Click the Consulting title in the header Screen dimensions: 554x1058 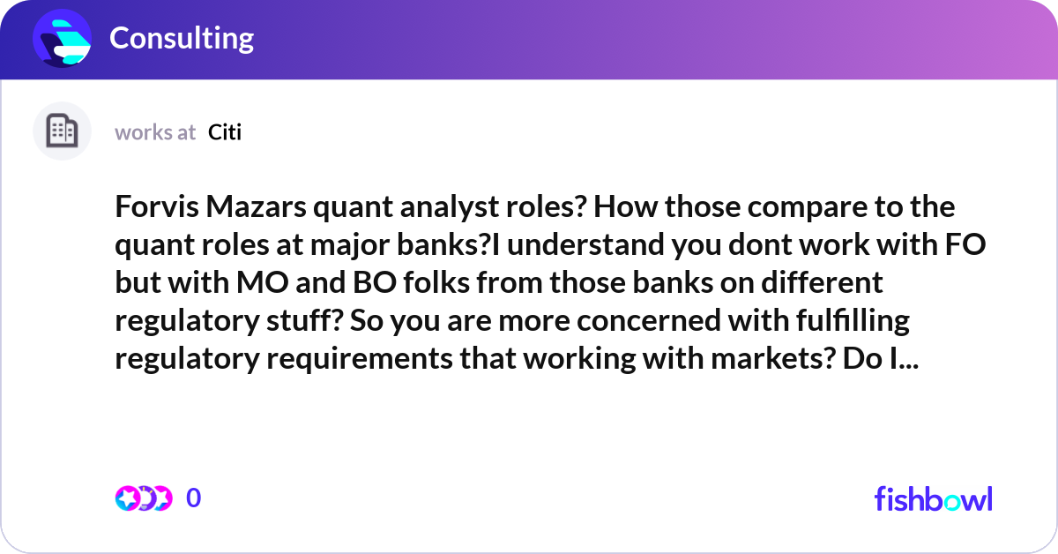pos(182,38)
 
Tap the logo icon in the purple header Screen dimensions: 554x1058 pos(63,38)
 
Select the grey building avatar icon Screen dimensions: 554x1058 pos(62,131)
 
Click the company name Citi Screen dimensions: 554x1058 pos(225,132)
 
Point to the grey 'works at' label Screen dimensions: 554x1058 pos(155,132)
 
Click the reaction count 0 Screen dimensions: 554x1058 pos(194,498)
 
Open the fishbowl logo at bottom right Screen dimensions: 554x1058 pos(933,498)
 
